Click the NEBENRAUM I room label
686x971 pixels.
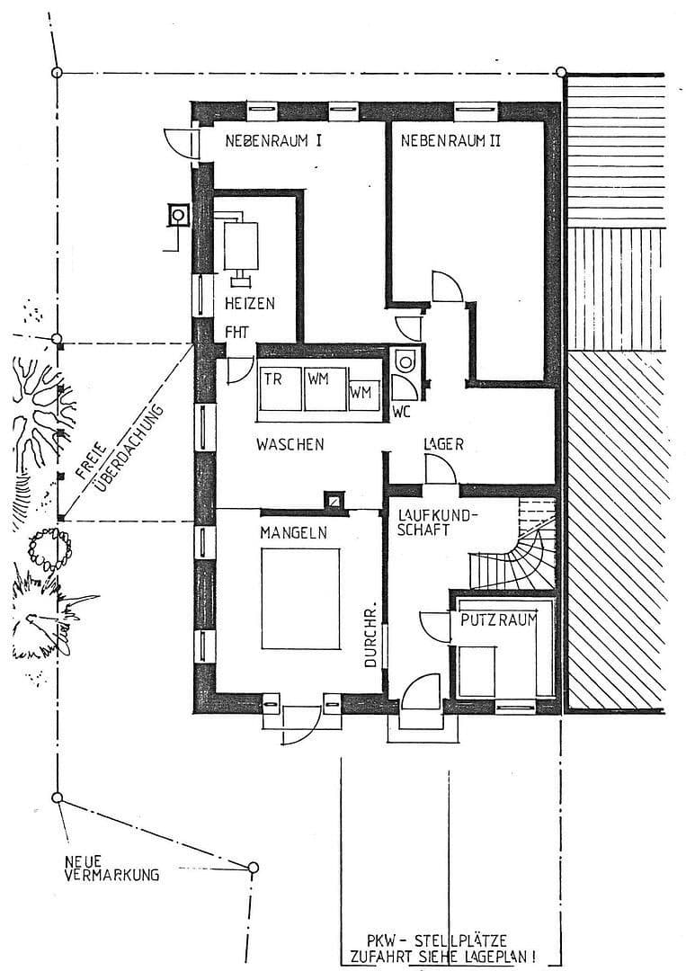click(274, 141)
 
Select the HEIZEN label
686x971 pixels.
click(249, 303)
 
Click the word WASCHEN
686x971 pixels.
click(290, 444)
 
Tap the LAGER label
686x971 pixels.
click(443, 444)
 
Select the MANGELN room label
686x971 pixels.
click(293, 532)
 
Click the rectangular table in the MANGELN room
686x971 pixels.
click(301, 598)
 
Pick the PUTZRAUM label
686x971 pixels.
click(498, 620)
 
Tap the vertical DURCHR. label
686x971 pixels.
click(370, 634)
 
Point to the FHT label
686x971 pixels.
click(236, 332)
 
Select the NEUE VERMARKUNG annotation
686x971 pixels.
click(111, 867)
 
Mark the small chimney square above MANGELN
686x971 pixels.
click(334, 500)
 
